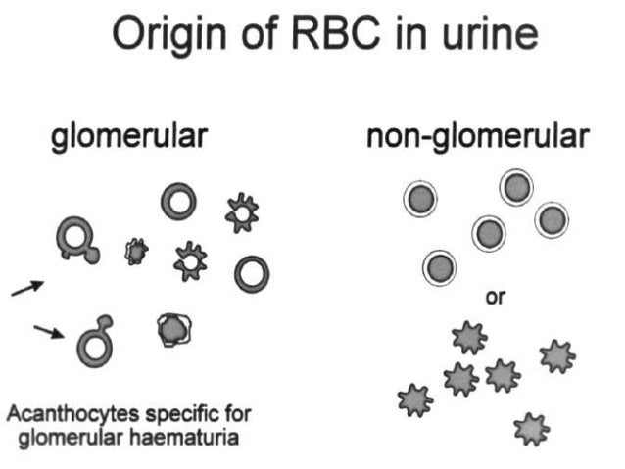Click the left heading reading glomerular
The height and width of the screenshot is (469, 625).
tap(128, 137)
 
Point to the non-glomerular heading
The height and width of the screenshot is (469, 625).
tap(478, 137)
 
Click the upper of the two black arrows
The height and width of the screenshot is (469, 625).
tap(27, 287)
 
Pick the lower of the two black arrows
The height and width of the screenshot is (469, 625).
tap(48, 333)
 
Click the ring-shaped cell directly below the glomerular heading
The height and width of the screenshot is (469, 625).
tap(179, 203)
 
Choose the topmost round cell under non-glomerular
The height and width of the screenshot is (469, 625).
tap(516, 187)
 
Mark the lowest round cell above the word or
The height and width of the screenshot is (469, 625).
tap(440, 264)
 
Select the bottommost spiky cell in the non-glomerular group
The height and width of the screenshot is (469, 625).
tap(530, 426)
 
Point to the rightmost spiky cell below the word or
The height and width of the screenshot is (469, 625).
tap(557, 355)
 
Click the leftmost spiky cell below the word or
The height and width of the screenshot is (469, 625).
tap(413, 399)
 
